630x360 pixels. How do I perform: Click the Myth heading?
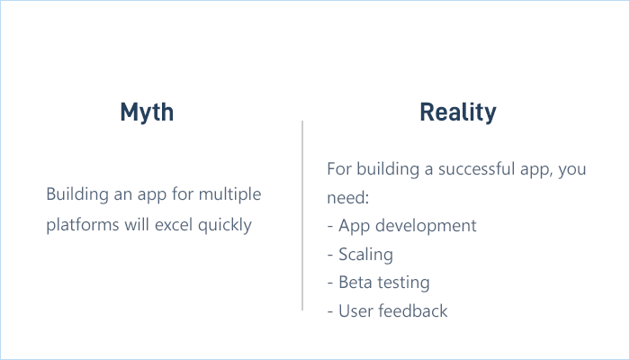(x=147, y=112)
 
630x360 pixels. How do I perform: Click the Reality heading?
(x=457, y=112)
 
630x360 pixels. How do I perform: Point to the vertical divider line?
(x=302, y=216)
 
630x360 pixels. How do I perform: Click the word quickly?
(x=227, y=224)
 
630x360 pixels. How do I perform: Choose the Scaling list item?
(x=365, y=254)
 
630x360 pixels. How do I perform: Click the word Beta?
(x=355, y=282)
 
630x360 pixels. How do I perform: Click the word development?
(x=423, y=225)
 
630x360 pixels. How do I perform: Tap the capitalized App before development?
(x=353, y=225)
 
